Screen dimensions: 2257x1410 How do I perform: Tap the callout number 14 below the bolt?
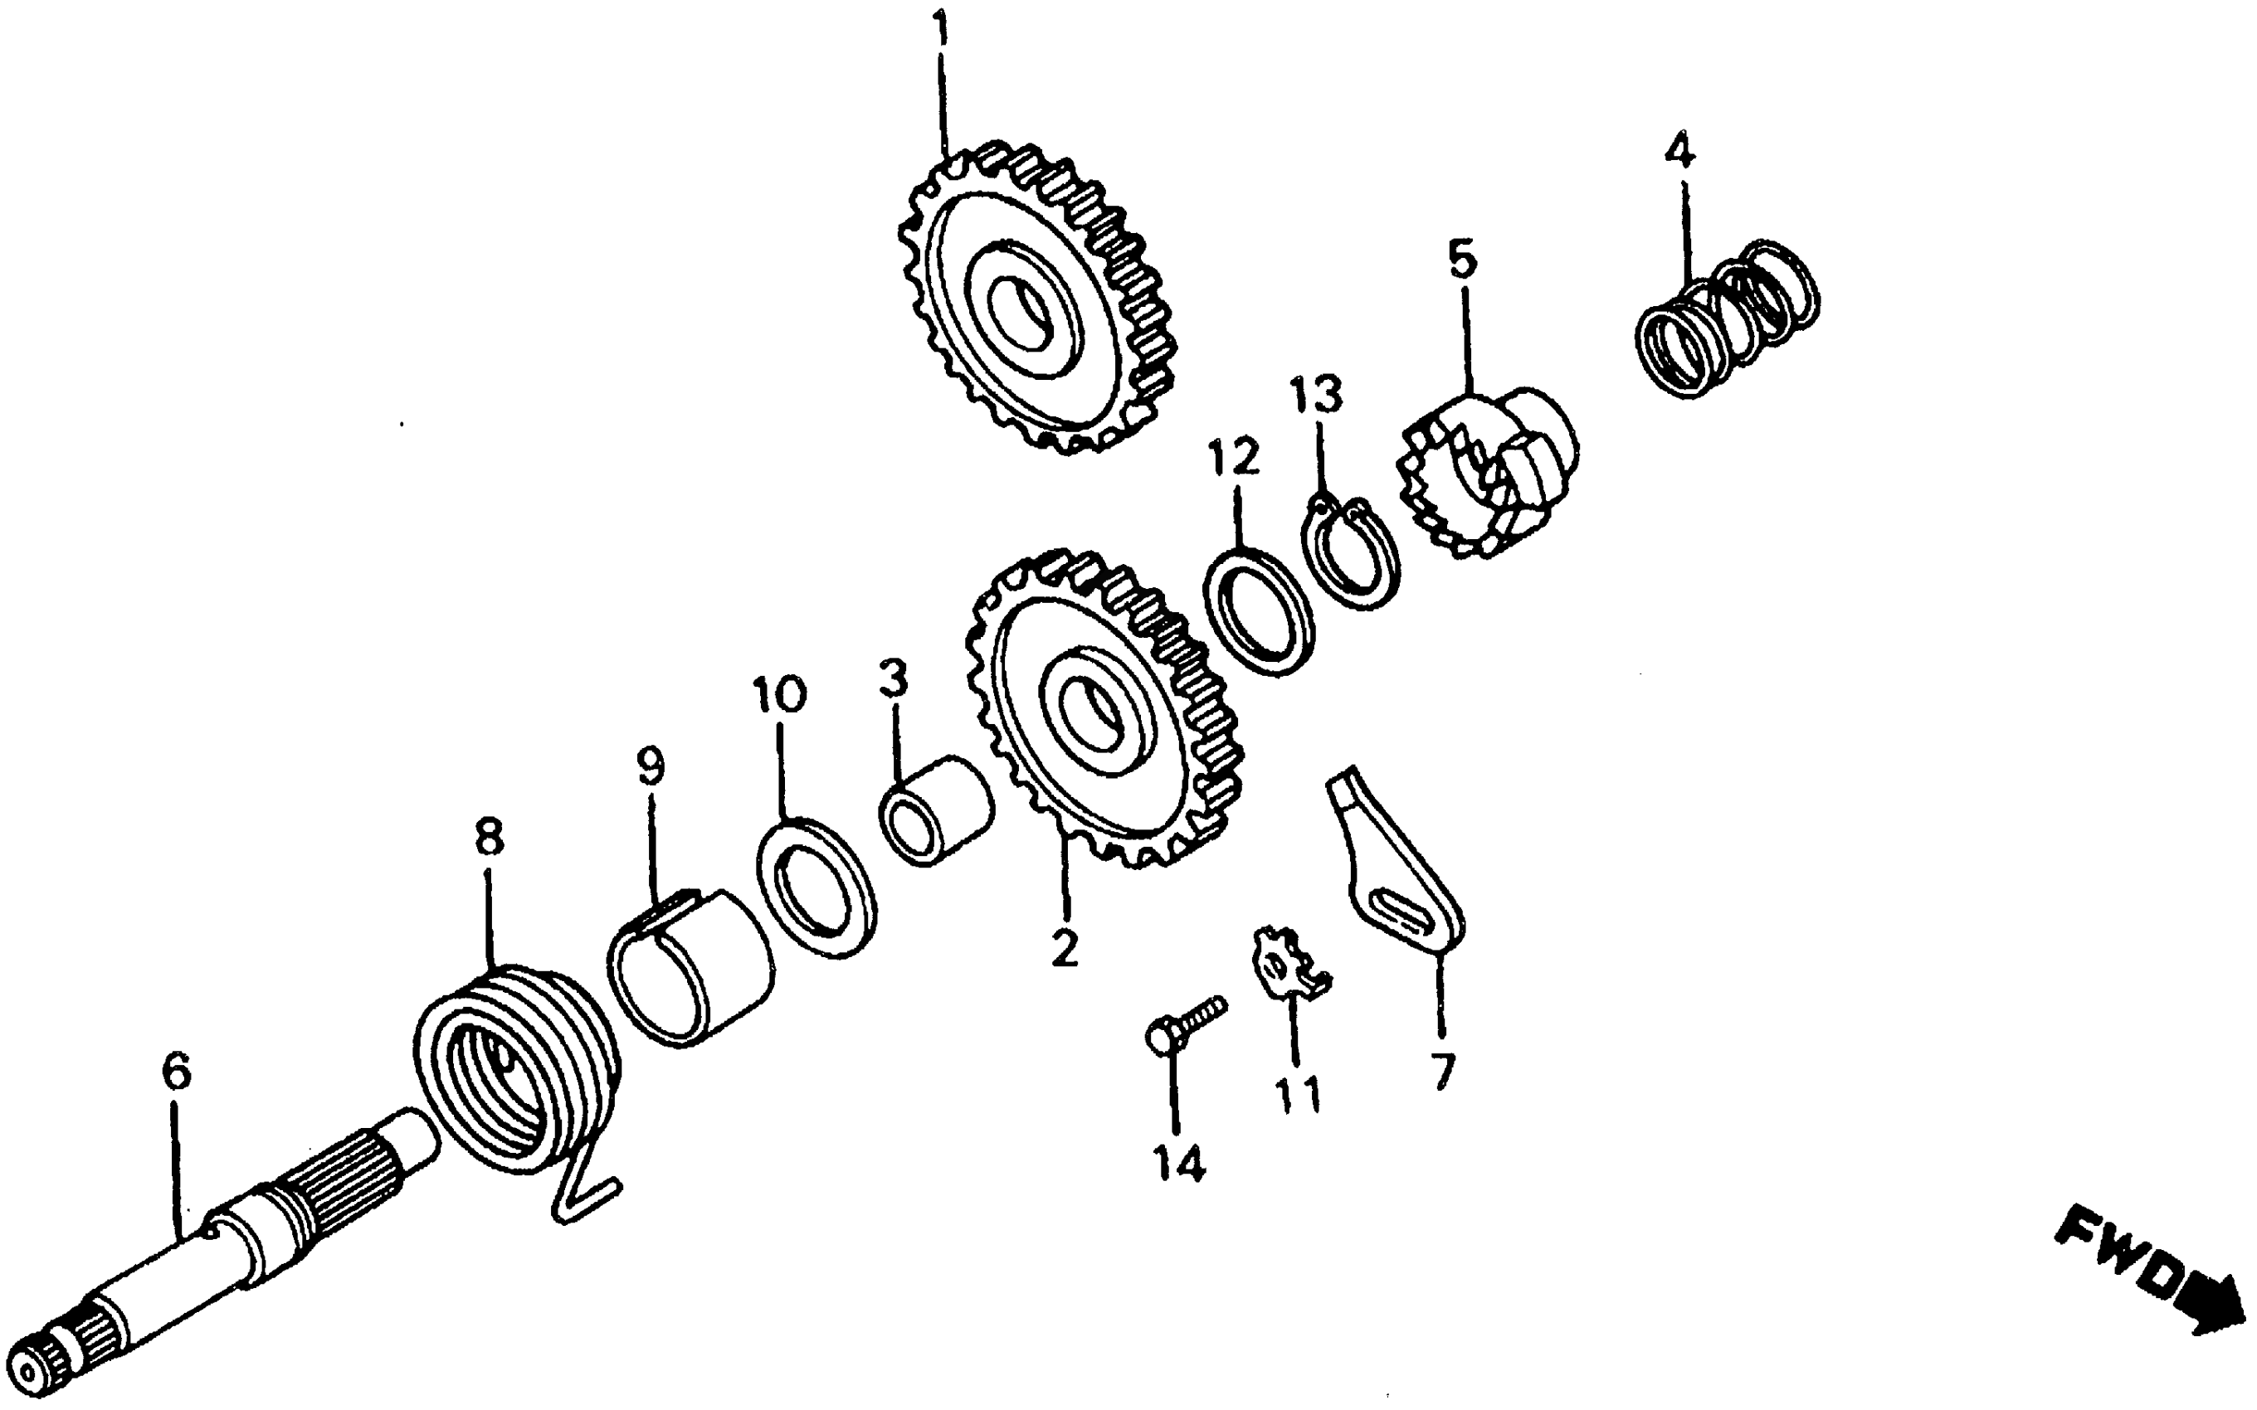tap(1179, 1163)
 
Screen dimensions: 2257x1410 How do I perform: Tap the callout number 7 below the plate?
tap(1443, 1071)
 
